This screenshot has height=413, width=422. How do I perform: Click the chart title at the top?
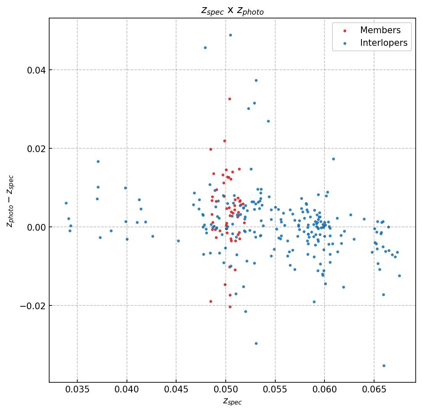pyautogui.click(x=232, y=11)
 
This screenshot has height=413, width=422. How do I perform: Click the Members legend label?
pyautogui.click(x=380, y=30)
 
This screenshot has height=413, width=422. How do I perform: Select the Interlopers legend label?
pyautogui.click(x=383, y=43)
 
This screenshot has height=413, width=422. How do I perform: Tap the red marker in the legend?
pyautogui.click(x=345, y=31)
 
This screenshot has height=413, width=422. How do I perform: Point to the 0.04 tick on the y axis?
pyautogui.click(x=36, y=70)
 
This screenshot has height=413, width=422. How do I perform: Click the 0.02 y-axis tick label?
pyautogui.click(x=36, y=148)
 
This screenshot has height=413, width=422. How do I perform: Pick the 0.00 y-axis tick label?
pyautogui.click(x=36, y=227)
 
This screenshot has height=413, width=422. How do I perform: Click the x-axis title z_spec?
pyautogui.click(x=232, y=402)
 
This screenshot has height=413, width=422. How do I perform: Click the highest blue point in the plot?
pyautogui.click(x=230, y=35)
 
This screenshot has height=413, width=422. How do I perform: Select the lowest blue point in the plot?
pyautogui.click(x=384, y=366)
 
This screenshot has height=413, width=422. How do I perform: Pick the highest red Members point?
pyautogui.click(x=229, y=99)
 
